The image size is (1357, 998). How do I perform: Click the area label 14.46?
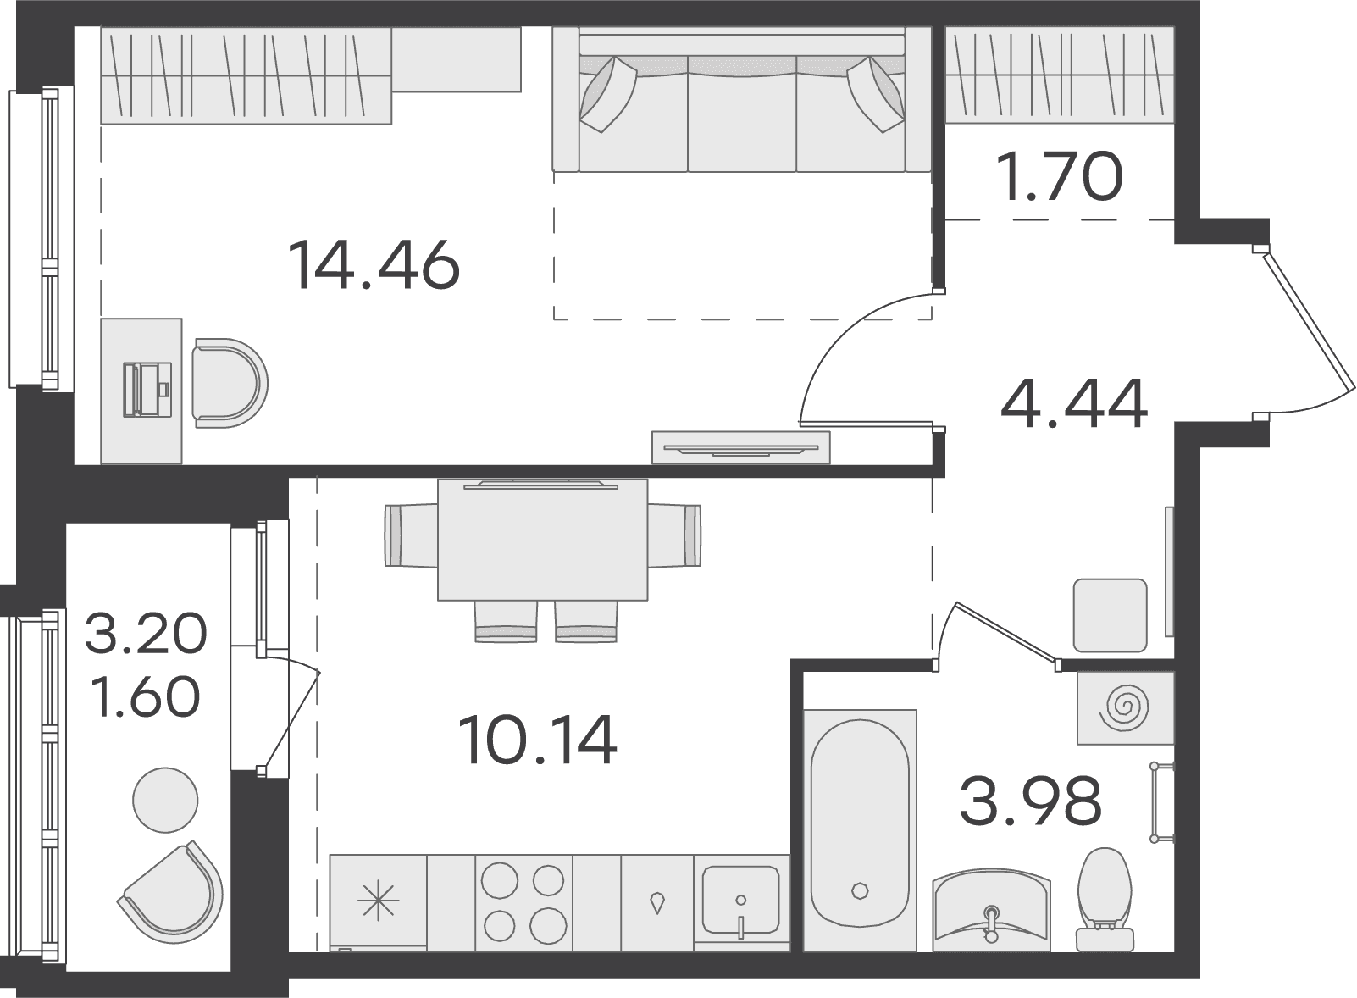point(374,264)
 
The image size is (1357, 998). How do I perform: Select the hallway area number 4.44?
point(1074,403)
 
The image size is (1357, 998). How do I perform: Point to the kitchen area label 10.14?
point(537,740)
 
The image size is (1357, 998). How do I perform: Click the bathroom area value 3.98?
point(1031,801)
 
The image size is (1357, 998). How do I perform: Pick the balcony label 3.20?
point(146,633)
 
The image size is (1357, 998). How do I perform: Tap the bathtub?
point(860,832)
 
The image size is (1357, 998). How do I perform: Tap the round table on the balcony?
point(165,800)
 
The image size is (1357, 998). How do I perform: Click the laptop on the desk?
point(147,390)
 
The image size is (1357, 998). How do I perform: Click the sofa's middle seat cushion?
point(742,114)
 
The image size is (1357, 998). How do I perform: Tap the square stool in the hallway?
point(1111,615)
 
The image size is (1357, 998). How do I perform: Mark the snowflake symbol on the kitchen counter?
point(379,901)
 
